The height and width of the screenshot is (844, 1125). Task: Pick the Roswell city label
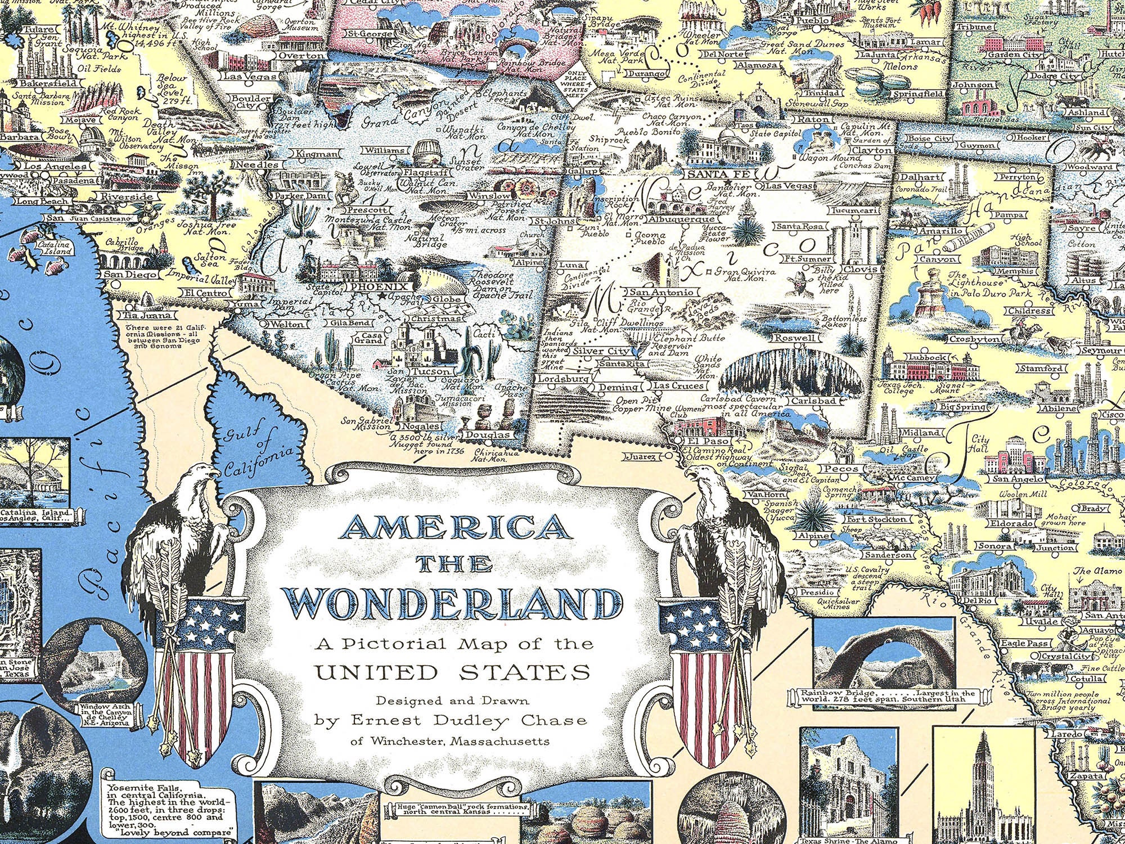point(794,338)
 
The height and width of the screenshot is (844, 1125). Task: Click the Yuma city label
point(246,304)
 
